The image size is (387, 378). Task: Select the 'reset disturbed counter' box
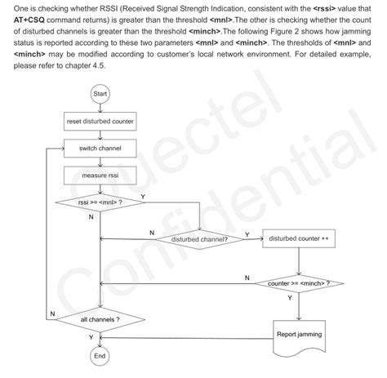coord(100,122)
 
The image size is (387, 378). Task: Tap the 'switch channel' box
coord(100,149)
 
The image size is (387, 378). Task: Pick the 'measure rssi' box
coord(100,176)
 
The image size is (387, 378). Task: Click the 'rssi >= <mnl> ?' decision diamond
coord(100,201)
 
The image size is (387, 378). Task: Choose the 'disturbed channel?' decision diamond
coord(199,240)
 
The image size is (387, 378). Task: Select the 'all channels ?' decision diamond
coord(100,318)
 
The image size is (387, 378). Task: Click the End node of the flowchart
coord(100,357)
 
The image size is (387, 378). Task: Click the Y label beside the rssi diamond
coord(144,196)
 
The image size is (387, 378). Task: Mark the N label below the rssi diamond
coord(90,217)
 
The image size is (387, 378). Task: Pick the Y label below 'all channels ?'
coord(91,338)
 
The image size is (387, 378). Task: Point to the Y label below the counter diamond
coord(290,298)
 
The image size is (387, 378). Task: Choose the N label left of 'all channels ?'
coord(52,314)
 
